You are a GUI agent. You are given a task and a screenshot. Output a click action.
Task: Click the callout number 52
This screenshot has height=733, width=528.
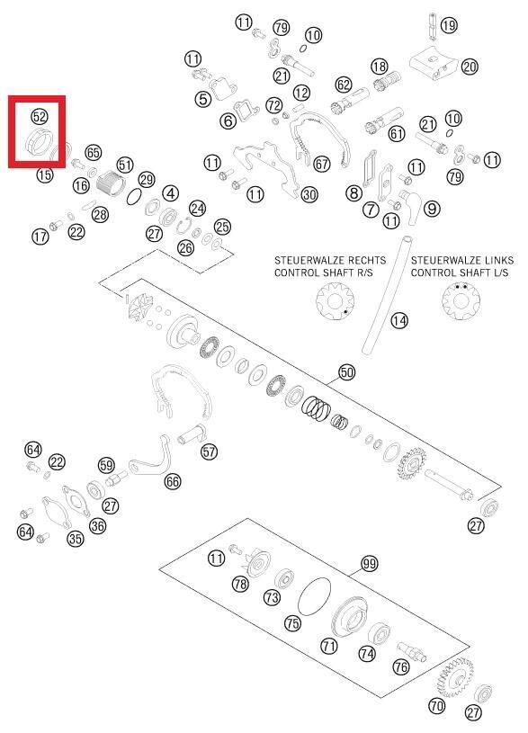tap(40, 115)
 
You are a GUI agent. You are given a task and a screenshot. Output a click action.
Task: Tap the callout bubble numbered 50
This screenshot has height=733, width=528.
tap(346, 372)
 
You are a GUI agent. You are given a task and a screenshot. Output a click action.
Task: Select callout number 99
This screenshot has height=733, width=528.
tap(370, 564)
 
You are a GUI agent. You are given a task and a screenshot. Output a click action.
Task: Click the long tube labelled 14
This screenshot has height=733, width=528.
tap(386, 295)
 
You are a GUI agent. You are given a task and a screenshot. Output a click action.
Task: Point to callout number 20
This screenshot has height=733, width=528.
tap(470, 67)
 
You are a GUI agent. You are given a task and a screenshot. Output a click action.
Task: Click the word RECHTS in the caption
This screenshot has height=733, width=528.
tap(362, 261)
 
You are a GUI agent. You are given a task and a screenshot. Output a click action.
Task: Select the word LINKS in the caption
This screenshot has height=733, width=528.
tap(497, 261)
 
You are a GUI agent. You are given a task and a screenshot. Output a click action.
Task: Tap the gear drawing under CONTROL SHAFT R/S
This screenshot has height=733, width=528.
tap(335, 302)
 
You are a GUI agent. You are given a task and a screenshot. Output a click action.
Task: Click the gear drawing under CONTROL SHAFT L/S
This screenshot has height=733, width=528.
tap(461, 301)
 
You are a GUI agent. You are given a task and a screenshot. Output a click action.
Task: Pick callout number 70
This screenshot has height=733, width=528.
tap(437, 705)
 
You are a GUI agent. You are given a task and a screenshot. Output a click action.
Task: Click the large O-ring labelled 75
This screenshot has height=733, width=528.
tap(314, 595)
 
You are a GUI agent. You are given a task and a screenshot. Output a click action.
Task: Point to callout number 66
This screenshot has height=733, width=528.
tap(173, 481)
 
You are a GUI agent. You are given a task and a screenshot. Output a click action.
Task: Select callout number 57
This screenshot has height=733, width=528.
tap(209, 451)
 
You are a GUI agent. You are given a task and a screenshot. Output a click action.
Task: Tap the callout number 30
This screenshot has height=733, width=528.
tap(309, 194)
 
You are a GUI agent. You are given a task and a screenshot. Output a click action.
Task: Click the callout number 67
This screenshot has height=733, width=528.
tap(322, 164)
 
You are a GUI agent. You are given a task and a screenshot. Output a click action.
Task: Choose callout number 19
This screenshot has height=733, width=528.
tap(449, 25)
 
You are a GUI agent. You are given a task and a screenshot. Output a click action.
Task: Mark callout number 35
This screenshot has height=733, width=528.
tap(76, 539)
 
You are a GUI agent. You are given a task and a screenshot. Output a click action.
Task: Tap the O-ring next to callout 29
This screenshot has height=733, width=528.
tap(134, 197)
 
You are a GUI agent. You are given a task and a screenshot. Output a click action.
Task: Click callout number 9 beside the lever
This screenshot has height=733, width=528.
tap(432, 208)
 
